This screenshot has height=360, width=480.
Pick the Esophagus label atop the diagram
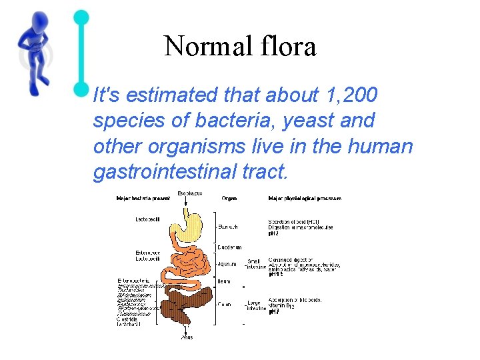click(190, 193)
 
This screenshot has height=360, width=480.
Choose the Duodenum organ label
click(229, 247)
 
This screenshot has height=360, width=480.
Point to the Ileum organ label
click(224, 281)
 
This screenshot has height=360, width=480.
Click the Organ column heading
click(229, 198)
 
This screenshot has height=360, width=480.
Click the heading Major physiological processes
click(304, 198)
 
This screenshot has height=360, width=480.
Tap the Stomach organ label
click(227, 227)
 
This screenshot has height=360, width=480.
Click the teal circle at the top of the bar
click(81, 16)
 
